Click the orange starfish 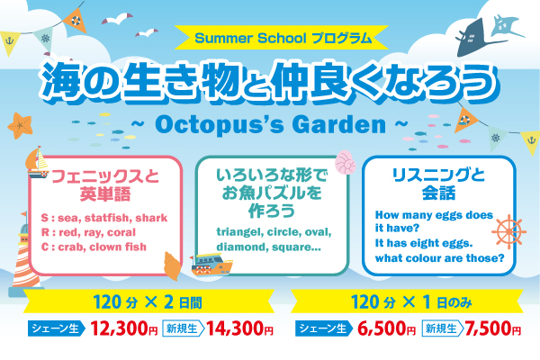(x=20, y=125)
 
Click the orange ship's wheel (x=508, y=232)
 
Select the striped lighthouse (x=25, y=255)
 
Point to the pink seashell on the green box (x=345, y=162)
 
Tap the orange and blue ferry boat (x=211, y=265)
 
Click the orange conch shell (x=173, y=265)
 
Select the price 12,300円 (x=124, y=328)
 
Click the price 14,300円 (x=239, y=328)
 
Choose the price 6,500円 (x=386, y=328)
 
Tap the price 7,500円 (x=493, y=328)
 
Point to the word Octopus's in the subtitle (x=219, y=125)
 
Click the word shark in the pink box (x=151, y=218)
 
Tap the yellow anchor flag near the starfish (x=9, y=43)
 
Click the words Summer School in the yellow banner (x=250, y=38)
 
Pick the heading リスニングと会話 (x=438, y=184)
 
